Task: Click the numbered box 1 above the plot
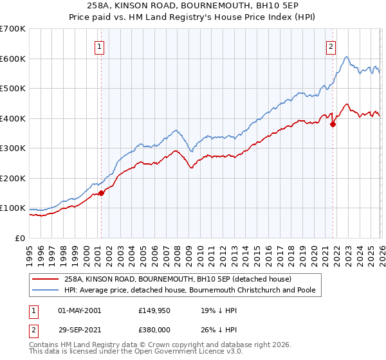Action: [x=101, y=46]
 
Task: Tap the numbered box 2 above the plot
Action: [x=331, y=46]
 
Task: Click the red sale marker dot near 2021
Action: [x=333, y=125]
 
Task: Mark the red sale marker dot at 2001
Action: [x=101, y=194]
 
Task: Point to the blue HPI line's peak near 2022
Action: [x=347, y=57]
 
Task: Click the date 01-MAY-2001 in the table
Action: [x=79, y=310]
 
